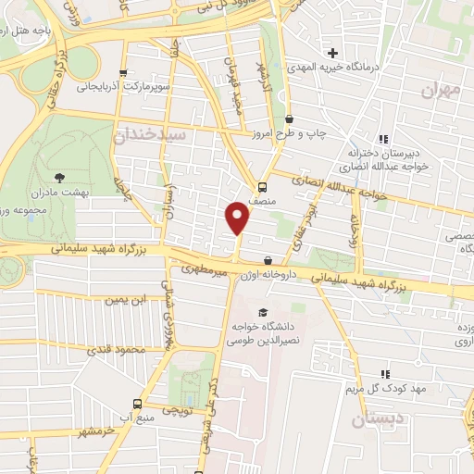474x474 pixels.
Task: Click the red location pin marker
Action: point(238,218)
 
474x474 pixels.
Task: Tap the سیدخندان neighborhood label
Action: point(150,135)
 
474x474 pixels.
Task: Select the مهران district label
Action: point(439,90)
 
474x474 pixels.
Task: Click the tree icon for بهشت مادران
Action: point(61,175)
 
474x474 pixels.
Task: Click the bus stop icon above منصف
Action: point(262,184)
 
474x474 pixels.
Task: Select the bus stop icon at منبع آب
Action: point(137,405)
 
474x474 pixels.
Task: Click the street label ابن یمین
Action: point(126,301)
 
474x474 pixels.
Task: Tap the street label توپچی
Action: point(177,408)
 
